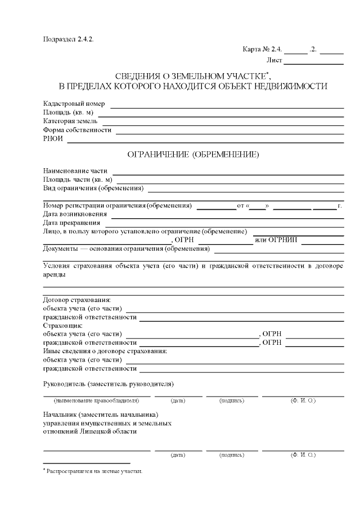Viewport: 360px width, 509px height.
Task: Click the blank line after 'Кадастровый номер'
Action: pyautogui.click(x=229, y=106)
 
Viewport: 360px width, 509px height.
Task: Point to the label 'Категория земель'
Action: pyautogui.click(x=70, y=121)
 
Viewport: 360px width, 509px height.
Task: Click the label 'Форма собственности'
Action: pyautogui.click(x=77, y=130)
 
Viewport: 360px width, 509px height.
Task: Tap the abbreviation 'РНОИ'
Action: pyautogui.click(x=53, y=139)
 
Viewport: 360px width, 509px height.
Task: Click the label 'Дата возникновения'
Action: pyautogui.click(x=75, y=214)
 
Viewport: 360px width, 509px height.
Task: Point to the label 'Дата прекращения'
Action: pyautogui.click(x=71, y=223)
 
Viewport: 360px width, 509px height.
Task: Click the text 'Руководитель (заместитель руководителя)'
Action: pyautogui.click(x=108, y=384)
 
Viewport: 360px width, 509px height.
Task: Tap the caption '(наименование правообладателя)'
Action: pyautogui.click(x=96, y=400)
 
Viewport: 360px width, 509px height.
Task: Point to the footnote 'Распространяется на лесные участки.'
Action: pyautogui.click(x=94, y=471)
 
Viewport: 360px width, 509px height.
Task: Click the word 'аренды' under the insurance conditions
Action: pyautogui.click(x=54, y=275)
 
